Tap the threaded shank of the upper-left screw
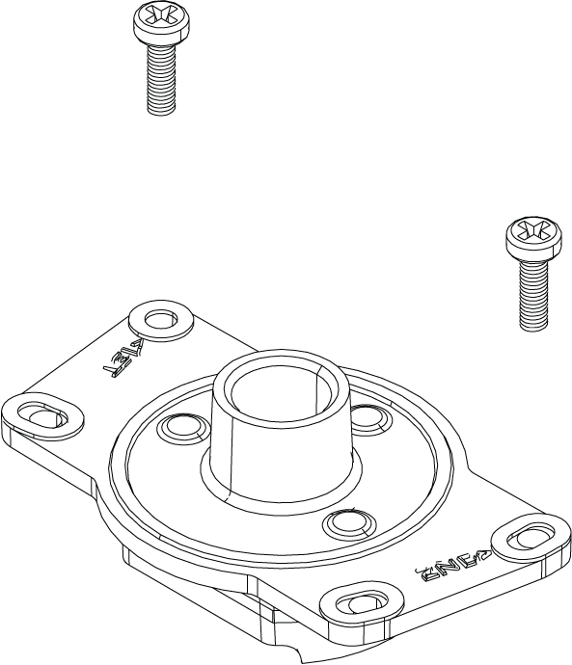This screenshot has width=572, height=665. click(x=160, y=81)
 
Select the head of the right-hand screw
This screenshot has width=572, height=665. click(x=532, y=237)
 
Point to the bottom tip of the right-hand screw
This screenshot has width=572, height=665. click(x=534, y=327)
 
